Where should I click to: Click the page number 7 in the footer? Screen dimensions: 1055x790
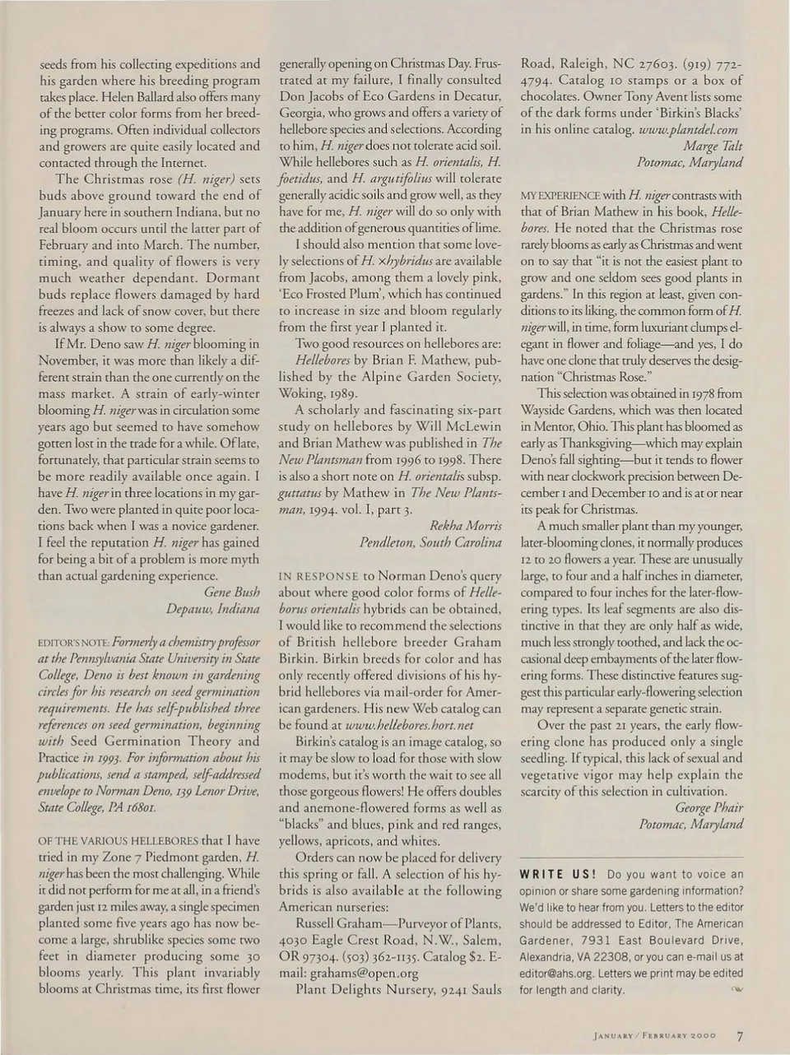point(740,1036)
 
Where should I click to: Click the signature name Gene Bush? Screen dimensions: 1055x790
point(231,592)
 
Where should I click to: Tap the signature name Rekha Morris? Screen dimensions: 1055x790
point(465,525)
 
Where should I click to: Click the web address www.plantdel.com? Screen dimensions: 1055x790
point(687,129)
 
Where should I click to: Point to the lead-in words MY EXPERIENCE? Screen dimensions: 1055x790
point(560,196)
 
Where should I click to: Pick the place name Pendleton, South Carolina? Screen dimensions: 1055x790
point(430,541)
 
